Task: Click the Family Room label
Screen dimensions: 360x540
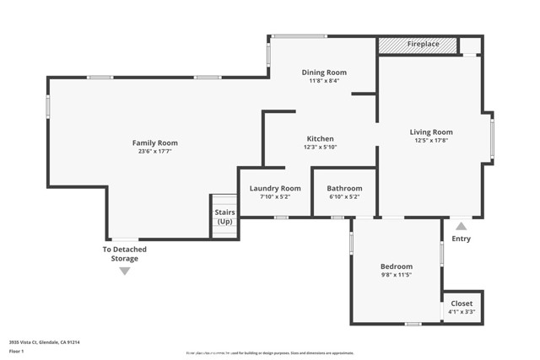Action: tap(154, 142)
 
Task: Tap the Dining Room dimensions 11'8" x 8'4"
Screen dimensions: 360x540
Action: tap(324, 82)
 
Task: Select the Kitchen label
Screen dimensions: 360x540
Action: tap(320, 138)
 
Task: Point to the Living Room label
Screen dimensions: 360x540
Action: tap(431, 132)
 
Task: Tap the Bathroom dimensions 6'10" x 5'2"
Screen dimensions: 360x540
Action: tap(344, 197)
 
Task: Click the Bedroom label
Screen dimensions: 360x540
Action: tap(396, 266)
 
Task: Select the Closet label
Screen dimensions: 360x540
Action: tap(462, 303)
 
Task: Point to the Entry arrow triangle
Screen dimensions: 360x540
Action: tap(461, 226)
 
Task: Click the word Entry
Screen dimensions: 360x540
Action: tap(462, 239)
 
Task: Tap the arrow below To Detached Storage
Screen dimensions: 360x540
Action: tap(125, 271)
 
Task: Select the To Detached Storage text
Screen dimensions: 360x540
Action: tap(125, 254)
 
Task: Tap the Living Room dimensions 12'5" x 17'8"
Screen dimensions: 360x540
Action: tap(431, 141)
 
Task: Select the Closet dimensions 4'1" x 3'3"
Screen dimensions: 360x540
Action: tap(462, 312)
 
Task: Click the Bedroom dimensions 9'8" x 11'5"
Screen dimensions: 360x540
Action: tap(396, 276)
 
